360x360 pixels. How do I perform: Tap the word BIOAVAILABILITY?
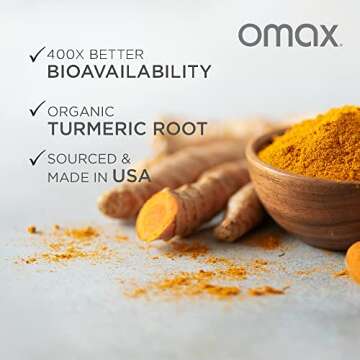click(x=129, y=72)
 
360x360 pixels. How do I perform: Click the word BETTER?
click(x=120, y=53)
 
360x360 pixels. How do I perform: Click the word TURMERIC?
click(x=104, y=128)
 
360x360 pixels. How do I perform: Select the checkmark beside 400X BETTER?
click(x=37, y=54)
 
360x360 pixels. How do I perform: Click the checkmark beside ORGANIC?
click(x=37, y=108)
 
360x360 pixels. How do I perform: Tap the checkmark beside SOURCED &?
click(x=37, y=158)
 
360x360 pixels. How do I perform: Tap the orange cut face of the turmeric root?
click(x=156, y=219)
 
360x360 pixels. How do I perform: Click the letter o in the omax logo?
click(x=248, y=37)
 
